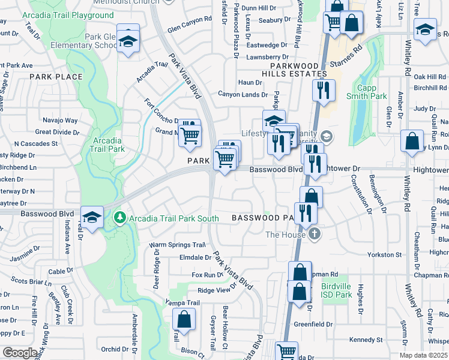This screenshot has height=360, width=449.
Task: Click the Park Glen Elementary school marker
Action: pyautogui.click(x=128, y=40)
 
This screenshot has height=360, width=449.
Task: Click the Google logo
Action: pyautogui.click(x=20, y=353)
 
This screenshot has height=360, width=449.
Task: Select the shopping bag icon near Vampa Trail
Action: pyautogui.click(x=184, y=319)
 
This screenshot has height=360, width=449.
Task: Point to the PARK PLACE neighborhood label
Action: pyautogui.click(x=56, y=77)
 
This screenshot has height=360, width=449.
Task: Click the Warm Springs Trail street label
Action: pyautogui.click(x=178, y=245)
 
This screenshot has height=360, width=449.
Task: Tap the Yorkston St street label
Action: pyautogui.click(x=385, y=255)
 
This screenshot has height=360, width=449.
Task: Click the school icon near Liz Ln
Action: pyautogui.click(x=425, y=29)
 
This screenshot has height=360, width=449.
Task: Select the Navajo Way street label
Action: pyautogui.click(x=59, y=121)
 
